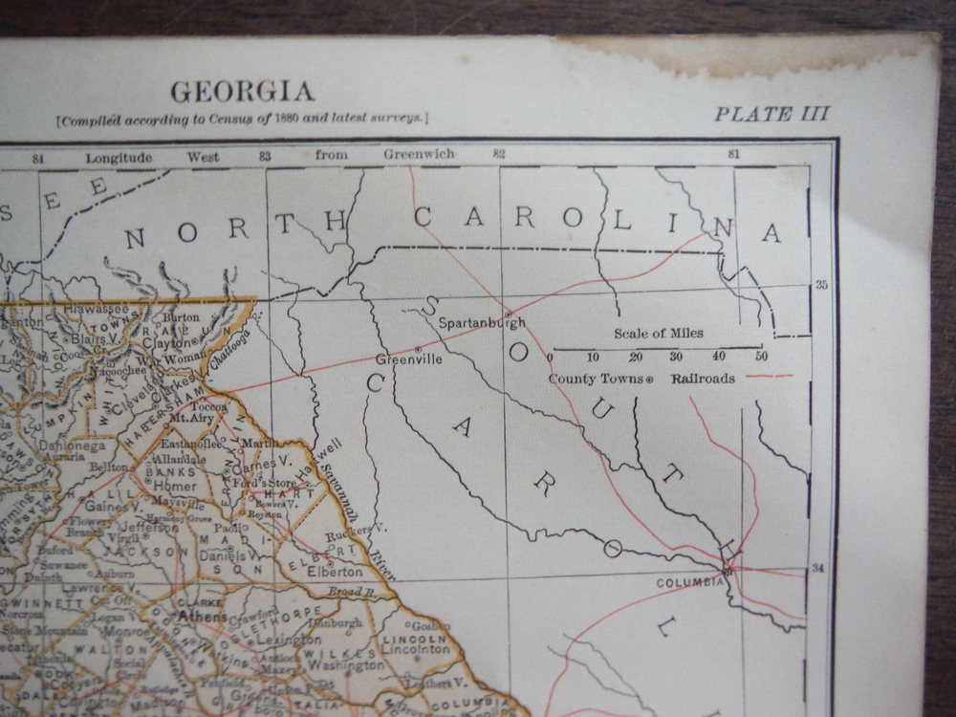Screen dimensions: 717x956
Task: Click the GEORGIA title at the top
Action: click(x=242, y=92)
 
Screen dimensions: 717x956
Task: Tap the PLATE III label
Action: click(x=771, y=114)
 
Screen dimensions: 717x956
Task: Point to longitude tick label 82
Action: click(x=498, y=153)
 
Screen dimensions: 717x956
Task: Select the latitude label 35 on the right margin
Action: click(x=820, y=285)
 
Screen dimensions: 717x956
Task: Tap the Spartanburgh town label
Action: click(x=482, y=323)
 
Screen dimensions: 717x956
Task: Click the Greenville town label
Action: click(x=408, y=360)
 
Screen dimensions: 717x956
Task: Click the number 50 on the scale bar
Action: click(x=761, y=357)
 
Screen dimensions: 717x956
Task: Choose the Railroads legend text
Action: click(x=703, y=379)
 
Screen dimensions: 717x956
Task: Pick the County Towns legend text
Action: click(x=595, y=379)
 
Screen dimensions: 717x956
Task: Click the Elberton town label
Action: click(x=335, y=572)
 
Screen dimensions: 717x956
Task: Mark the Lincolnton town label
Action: click(x=416, y=649)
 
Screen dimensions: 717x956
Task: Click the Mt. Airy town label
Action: click(x=189, y=419)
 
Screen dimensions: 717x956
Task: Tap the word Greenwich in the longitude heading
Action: click(x=419, y=154)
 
